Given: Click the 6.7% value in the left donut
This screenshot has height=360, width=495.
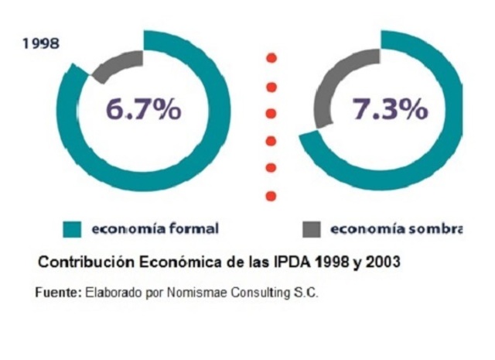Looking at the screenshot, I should point(144,110).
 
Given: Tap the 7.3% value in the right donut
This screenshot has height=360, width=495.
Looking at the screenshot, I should point(390,110).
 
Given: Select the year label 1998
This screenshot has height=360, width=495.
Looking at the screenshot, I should point(41,43).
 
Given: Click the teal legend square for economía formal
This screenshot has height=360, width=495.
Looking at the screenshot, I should point(73,229).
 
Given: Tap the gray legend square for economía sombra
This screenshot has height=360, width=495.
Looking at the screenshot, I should point(311,229).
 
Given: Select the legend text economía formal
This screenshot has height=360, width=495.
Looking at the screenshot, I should point(155,229).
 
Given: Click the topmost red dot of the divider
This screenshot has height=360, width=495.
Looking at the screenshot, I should point(271,58).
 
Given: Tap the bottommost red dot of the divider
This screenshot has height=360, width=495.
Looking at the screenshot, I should point(271,195).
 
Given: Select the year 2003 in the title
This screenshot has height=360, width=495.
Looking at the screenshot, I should point(382,262).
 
